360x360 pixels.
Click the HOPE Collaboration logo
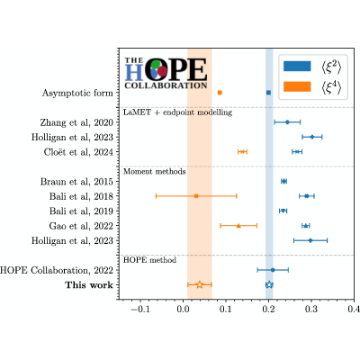click(166, 73)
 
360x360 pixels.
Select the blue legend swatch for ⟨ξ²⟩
click(297, 67)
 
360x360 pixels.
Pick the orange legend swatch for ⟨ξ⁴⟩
click(297, 86)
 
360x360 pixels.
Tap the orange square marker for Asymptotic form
click(220, 93)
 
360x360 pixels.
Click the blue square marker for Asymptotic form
click(268, 93)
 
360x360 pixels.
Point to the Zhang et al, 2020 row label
click(76, 122)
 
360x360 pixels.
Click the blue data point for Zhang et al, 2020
click(287, 122)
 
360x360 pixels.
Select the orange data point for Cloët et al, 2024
click(242, 152)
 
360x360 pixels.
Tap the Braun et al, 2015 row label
click(76, 182)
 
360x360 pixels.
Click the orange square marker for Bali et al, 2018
click(196, 196)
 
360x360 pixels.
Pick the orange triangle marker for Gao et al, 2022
click(238, 226)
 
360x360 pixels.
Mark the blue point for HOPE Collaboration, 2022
click(273, 270)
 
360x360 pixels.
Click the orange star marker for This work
click(200, 284)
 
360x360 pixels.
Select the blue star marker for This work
click(269, 284)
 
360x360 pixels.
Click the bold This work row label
click(89, 285)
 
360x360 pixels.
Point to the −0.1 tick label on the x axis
click(140, 309)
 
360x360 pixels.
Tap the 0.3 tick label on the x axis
click(311, 309)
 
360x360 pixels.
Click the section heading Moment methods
click(155, 172)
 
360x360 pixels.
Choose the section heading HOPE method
click(149, 260)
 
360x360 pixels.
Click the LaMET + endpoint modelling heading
click(178, 112)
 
